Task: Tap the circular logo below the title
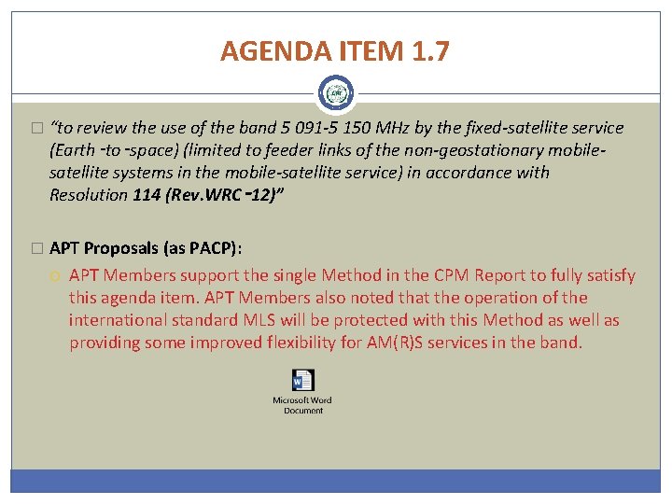coord(335,94)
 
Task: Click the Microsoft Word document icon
coord(302,381)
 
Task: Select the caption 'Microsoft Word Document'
coord(302,405)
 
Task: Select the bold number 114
coord(147,195)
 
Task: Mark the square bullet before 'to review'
coord(36,129)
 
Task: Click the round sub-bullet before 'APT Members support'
coord(56,276)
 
